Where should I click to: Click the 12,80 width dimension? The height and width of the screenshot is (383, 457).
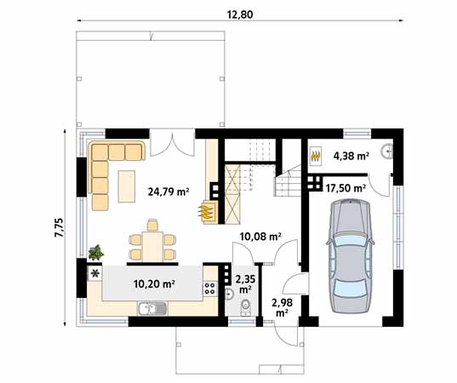click(239, 13)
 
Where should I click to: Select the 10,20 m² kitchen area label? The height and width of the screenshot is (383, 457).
click(155, 283)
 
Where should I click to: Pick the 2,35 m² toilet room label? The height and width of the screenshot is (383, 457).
click(245, 283)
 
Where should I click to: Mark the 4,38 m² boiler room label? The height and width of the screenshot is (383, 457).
click(350, 156)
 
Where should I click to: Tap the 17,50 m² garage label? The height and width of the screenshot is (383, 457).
click(346, 187)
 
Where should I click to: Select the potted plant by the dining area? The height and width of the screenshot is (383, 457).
click(96, 253)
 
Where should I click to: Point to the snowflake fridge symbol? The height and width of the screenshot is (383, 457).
click(94, 275)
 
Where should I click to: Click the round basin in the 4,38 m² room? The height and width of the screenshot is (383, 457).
click(387, 152)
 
